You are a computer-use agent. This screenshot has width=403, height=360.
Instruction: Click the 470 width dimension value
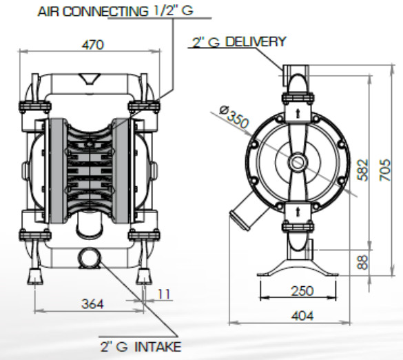coord(92,45)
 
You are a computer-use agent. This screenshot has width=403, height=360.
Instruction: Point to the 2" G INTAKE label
coord(142,346)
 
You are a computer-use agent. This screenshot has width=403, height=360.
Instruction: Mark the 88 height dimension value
coord(364,262)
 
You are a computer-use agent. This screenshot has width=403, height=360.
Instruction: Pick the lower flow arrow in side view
coord(297,211)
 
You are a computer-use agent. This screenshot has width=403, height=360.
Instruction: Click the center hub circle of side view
coord(298,163)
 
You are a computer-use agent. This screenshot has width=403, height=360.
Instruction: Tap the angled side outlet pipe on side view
coord(242,213)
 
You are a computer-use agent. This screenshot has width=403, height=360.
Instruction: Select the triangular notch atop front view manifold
coord(88,79)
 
